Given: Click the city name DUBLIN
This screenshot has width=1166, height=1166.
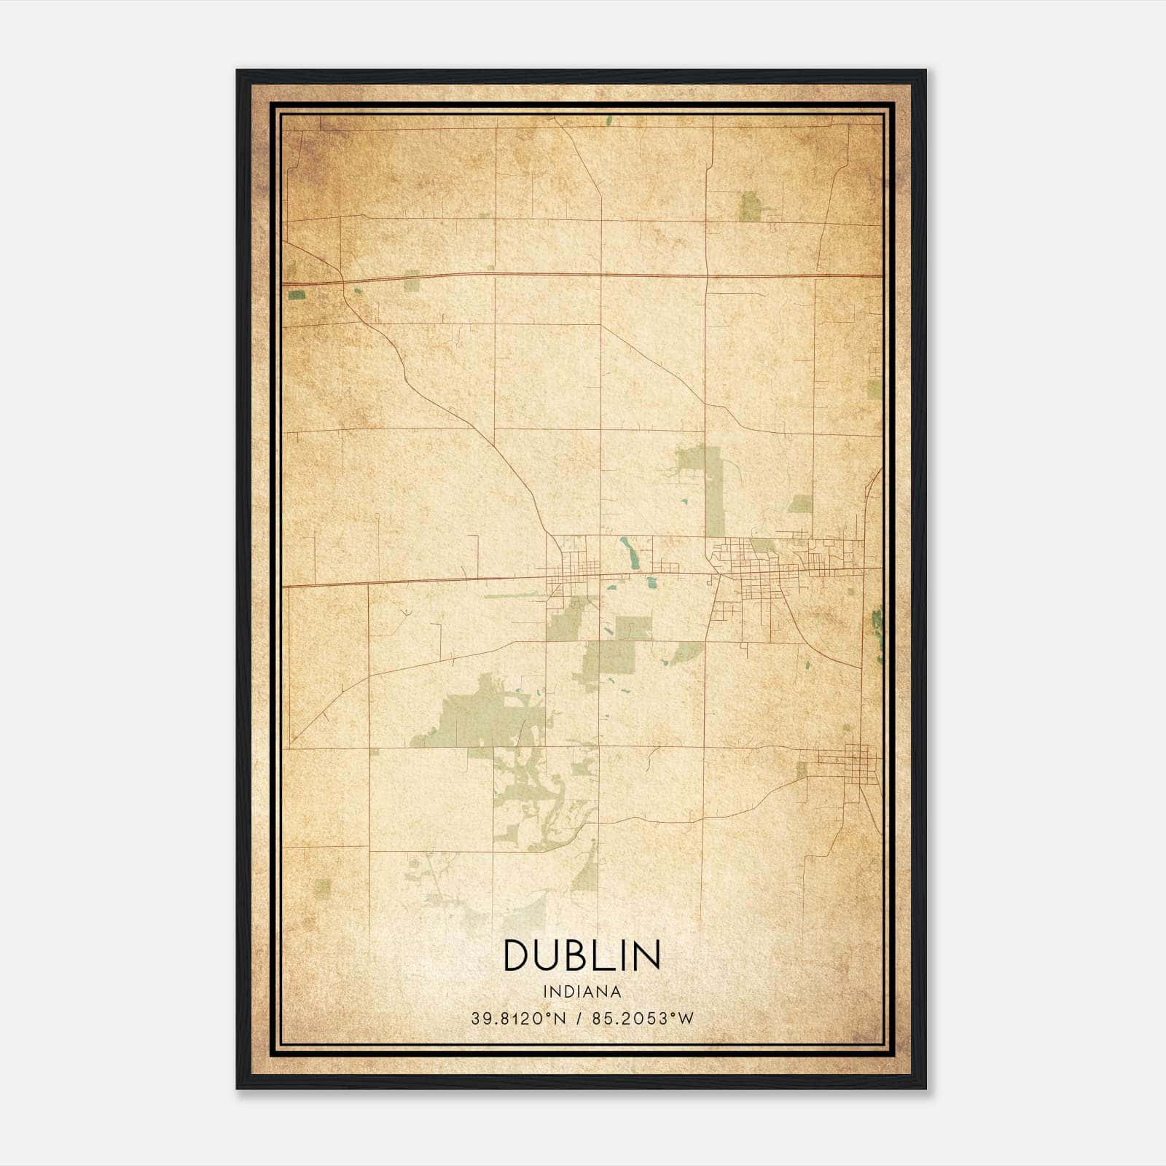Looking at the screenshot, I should click(582, 955).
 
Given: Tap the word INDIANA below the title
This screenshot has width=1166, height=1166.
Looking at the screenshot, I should click(582, 992).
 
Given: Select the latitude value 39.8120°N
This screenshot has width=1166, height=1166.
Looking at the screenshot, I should click(518, 1019).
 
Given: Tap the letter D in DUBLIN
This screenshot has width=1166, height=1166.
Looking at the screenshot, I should click(518, 955).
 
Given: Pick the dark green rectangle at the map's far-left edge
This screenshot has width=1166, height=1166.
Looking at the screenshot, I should click(297, 295).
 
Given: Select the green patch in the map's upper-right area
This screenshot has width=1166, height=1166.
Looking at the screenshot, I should click(750, 206).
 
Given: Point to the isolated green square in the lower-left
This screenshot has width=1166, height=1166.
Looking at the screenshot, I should click(322, 887).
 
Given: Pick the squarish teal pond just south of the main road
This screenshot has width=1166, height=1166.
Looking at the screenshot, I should click(649, 582).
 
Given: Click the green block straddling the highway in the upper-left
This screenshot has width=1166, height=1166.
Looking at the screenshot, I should click(412, 281).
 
